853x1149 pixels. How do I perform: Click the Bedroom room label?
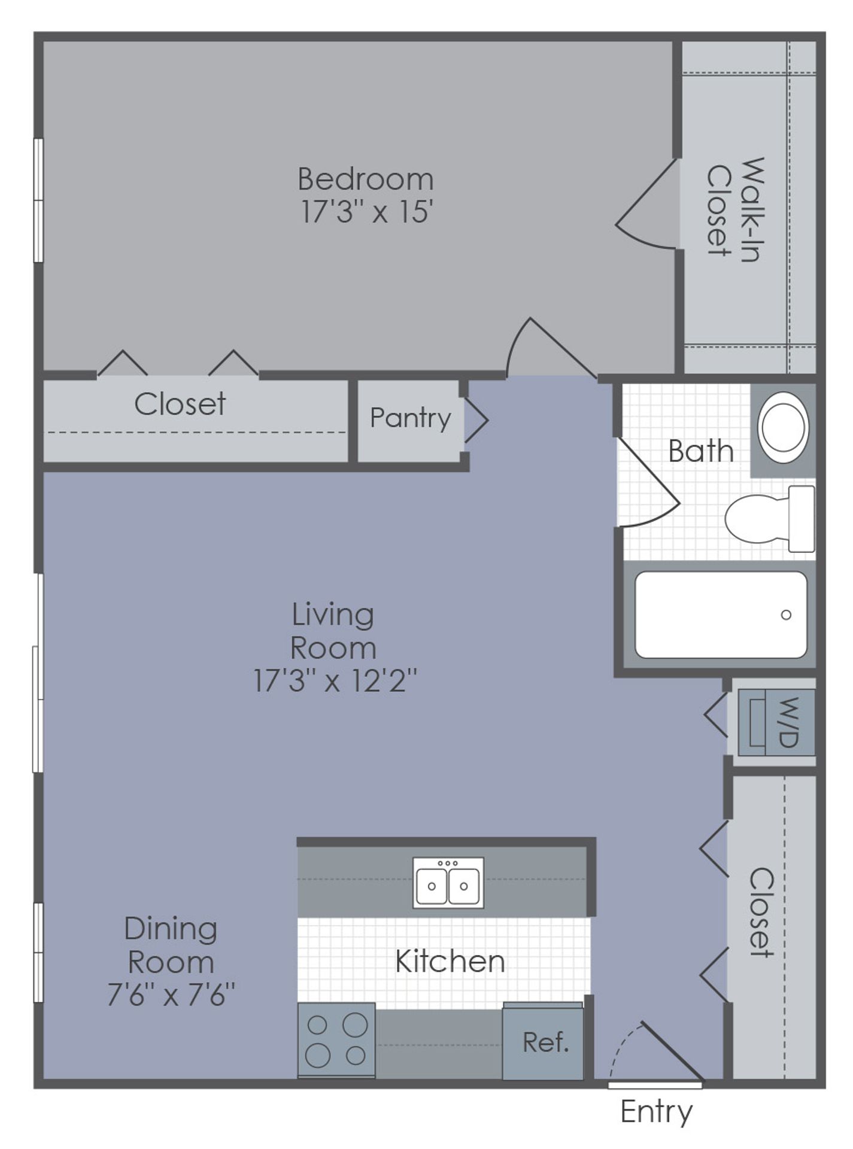[x=365, y=179]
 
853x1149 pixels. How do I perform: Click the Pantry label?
[x=410, y=418]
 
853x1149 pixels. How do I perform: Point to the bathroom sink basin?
[x=782, y=428]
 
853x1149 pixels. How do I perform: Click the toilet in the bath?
[x=769, y=518]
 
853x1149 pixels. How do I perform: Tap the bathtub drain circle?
[x=786, y=615]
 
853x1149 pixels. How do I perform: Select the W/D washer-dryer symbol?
[x=776, y=722]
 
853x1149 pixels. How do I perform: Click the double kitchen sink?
[x=448, y=883]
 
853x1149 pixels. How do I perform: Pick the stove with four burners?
[x=336, y=1041]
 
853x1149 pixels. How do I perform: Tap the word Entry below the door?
[x=656, y=1111]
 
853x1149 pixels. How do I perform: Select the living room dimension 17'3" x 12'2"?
[x=335, y=680]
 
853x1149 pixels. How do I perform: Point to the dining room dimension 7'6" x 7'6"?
[x=171, y=996]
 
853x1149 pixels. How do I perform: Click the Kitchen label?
[x=450, y=961]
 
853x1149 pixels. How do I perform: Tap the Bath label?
[x=700, y=451]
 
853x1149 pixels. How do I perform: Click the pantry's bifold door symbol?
[x=476, y=420]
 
